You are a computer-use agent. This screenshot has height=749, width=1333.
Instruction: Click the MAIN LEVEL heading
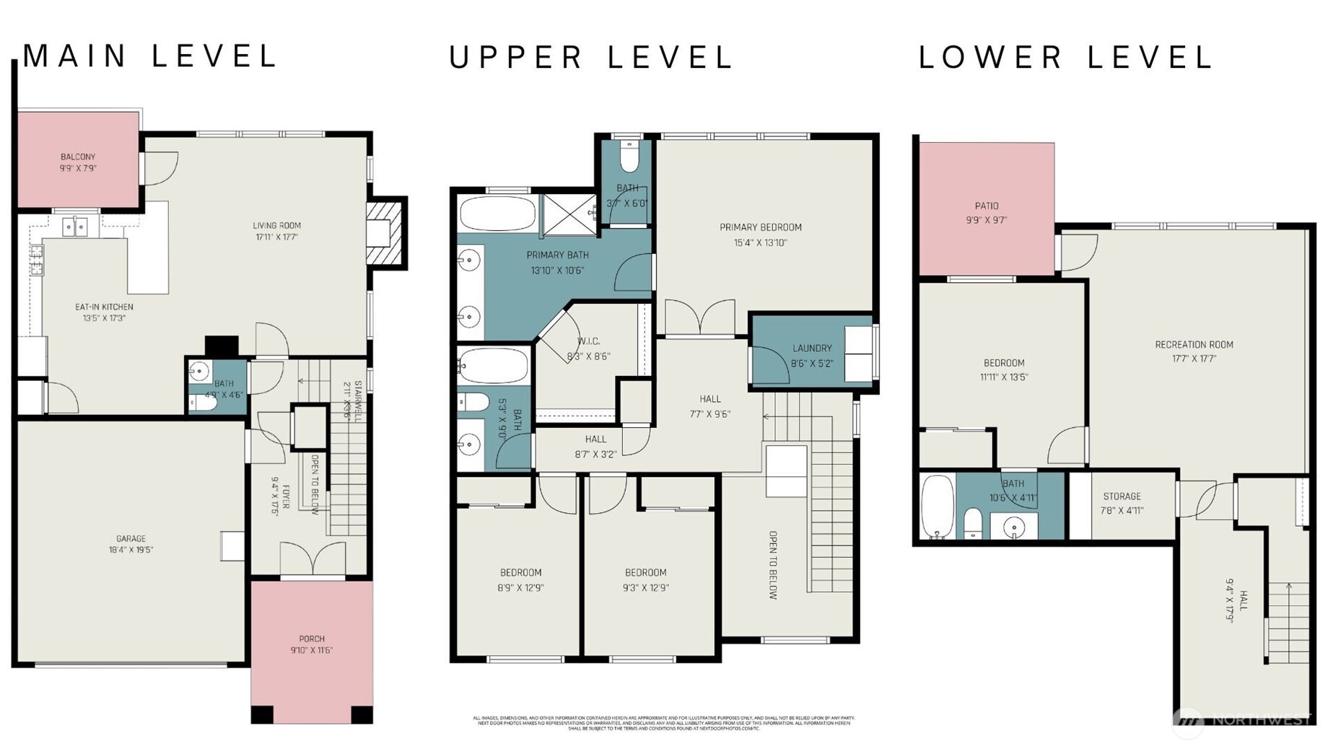149,56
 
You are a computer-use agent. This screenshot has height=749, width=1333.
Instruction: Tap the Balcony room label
78,157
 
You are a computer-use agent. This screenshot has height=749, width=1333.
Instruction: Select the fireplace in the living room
384,232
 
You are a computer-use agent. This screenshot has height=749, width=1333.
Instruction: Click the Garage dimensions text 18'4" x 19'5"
131,550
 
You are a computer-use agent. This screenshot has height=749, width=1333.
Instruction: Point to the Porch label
312,639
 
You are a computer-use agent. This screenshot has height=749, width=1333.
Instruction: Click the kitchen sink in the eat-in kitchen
74,227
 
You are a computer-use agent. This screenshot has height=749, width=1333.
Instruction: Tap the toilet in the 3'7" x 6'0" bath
629,157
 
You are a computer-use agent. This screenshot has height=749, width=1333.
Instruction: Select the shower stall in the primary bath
569,214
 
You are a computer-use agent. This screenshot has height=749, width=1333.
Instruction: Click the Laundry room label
812,348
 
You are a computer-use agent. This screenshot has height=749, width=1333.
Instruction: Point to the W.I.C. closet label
588,341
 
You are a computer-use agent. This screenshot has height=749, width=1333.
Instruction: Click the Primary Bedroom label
760,227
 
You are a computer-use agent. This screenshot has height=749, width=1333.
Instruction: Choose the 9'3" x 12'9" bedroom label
645,572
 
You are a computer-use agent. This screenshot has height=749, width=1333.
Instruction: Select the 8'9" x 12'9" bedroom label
520,572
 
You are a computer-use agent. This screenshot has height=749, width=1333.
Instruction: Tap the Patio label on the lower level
986,206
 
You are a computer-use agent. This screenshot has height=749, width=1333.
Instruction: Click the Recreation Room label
1194,344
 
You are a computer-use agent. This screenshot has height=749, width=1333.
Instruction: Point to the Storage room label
1122,496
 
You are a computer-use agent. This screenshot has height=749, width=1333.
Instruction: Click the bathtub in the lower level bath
938,507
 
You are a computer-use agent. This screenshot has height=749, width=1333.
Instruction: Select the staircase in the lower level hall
1289,622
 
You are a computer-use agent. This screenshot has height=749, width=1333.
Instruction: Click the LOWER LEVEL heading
1065,57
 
